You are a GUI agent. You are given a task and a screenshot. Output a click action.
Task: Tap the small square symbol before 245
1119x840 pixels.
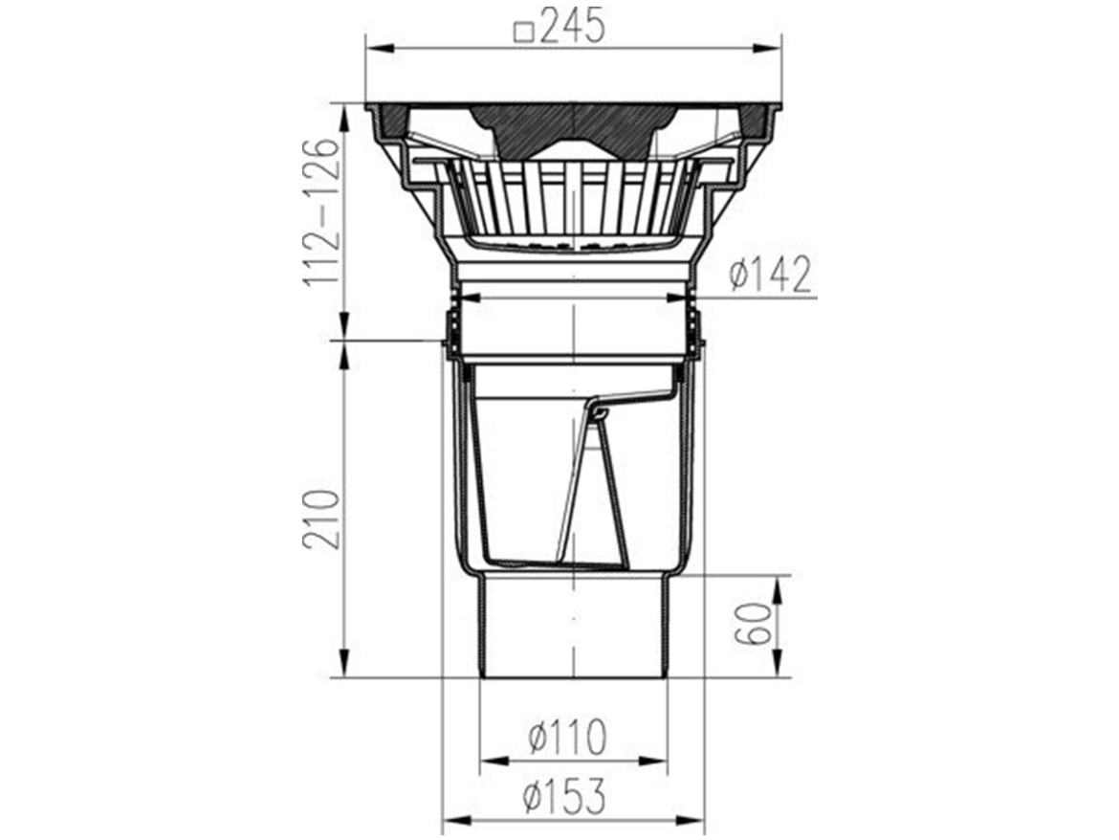pyautogui.click(x=524, y=33)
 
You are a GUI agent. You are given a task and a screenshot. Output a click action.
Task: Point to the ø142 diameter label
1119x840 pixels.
pyautogui.click(x=771, y=275)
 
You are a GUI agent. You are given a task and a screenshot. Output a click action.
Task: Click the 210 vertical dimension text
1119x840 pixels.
pyautogui.click(x=321, y=519)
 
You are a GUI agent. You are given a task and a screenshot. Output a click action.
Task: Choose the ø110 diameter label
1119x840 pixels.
pyautogui.click(x=567, y=737)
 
